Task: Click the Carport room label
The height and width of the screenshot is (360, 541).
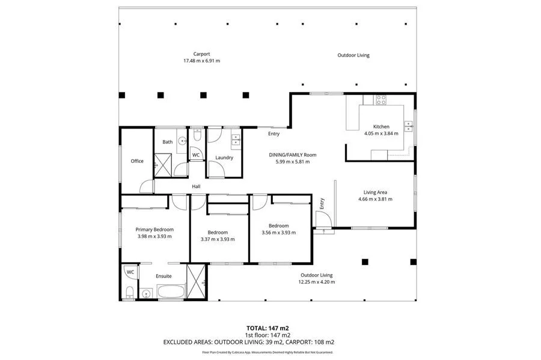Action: [201, 54]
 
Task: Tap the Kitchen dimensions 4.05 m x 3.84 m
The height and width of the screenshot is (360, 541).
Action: [381, 133]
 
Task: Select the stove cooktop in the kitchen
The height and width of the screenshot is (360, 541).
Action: [381, 100]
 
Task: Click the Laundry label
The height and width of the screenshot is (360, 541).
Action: [224, 157]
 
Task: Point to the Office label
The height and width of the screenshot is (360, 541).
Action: [137, 161]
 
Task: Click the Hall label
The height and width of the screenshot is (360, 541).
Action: [196, 186]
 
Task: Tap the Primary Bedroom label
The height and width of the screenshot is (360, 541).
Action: [154, 230]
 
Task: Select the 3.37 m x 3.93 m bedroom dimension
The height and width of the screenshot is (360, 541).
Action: [218, 239]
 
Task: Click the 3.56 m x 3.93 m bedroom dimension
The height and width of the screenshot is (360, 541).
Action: [279, 233]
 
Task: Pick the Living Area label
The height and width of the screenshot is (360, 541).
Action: [375, 192]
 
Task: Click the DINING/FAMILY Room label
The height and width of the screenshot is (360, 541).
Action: [293, 155]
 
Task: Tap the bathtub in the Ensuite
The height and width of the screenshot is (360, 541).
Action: [171, 291]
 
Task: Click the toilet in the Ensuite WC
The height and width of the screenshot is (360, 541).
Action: [130, 292]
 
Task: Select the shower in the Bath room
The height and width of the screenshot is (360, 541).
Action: [162, 165]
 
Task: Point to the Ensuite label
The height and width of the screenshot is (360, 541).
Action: [164, 276]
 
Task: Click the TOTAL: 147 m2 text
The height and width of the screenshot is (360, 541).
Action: [267, 328]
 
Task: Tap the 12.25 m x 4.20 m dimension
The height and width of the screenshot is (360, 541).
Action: [317, 282]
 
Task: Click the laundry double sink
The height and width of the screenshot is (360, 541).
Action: [236, 140]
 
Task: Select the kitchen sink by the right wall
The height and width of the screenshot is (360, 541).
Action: [409, 127]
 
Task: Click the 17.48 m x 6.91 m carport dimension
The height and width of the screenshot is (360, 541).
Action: [201, 61]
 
